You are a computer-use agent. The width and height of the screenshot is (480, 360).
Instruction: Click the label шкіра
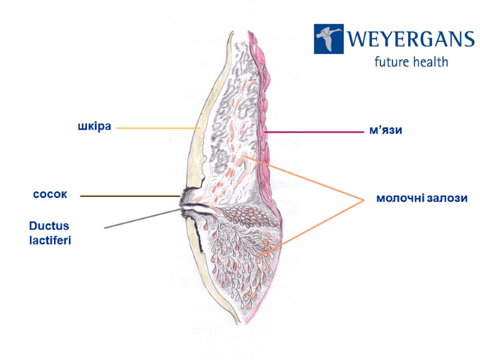tap(95, 127)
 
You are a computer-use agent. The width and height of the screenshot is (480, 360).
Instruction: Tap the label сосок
tap(50, 196)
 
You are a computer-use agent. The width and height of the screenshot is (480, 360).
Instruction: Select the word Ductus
tap(49, 226)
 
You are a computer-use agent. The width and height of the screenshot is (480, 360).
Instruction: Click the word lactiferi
tap(50, 240)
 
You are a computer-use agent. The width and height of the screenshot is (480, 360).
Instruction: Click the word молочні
tap(400, 199)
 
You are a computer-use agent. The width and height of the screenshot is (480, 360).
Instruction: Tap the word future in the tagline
tap(394, 62)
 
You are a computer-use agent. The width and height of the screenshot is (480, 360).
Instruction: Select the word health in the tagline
tap(431, 62)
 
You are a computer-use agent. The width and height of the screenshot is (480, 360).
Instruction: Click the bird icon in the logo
tap(328, 39)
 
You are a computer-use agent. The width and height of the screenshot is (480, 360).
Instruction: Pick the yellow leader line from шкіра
tap(156, 128)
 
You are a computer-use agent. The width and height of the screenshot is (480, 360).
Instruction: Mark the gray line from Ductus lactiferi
tap(141, 218)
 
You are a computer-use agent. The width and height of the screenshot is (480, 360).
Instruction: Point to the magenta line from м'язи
tap(312, 131)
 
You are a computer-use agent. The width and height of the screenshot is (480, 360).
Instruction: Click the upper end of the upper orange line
tap(244, 155)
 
